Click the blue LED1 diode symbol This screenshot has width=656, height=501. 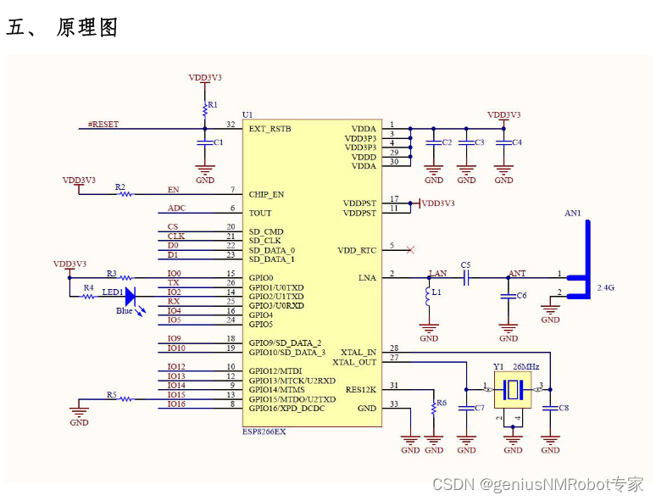(130, 297)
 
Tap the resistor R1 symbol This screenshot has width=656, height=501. (205, 109)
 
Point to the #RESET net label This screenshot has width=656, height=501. (103, 124)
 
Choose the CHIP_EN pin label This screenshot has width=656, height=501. (266, 194)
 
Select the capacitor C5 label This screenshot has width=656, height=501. (465, 265)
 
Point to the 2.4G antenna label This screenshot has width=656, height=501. (605, 288)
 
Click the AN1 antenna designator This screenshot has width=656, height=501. (573, 214)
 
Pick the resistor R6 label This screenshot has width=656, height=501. (441, 404)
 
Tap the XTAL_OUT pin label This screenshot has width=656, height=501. (354, 362)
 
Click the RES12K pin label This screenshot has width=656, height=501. (360, 390)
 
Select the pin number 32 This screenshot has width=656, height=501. (230, 124)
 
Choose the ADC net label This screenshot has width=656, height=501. (176, 208)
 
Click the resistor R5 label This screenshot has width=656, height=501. (112, 395)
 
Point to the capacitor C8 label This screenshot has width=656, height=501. (564, 409)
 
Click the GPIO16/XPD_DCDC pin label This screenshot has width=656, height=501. (286, 409)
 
